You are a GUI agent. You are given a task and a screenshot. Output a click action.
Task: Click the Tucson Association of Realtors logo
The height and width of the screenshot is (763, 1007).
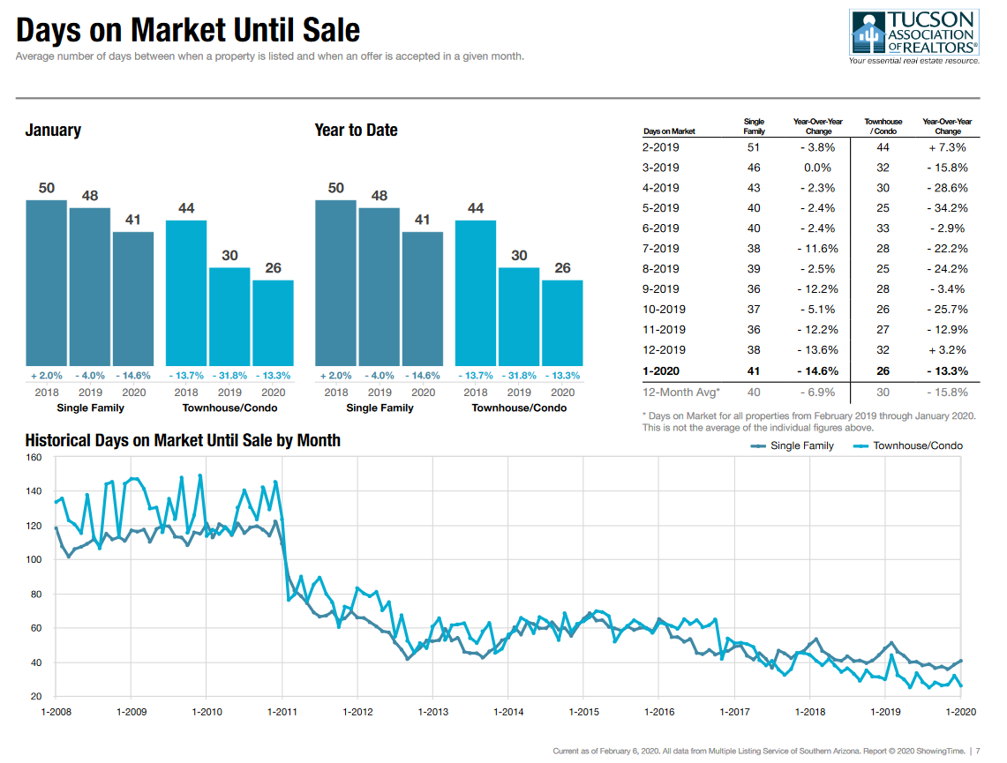(914, 37)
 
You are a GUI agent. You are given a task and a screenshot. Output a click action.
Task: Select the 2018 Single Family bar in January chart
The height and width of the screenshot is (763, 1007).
(46, 282)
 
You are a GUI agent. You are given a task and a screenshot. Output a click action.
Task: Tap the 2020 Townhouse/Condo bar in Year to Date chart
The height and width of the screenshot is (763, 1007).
(562, 323)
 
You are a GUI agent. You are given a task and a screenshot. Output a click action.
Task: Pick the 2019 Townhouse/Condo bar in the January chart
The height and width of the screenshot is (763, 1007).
(229, 317)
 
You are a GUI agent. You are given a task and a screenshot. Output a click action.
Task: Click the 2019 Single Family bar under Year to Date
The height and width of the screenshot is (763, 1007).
(380, 287)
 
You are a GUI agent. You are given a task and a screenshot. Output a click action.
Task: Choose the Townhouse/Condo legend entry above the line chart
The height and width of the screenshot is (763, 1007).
(908, 445)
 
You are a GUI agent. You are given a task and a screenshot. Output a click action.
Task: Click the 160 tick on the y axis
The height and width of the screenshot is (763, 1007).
(34, 457)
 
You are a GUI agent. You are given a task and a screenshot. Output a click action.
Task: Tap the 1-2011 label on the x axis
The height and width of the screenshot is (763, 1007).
(282, 711)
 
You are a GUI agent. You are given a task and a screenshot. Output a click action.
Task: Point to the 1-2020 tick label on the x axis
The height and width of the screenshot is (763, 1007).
(960, 711)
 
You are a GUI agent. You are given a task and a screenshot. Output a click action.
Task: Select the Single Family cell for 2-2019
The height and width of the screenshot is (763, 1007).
(754, 147)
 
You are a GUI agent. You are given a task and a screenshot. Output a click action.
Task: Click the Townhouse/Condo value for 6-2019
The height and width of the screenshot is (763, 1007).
(883, 228)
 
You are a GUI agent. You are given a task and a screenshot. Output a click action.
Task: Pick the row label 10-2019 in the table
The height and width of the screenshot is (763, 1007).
(664, 310)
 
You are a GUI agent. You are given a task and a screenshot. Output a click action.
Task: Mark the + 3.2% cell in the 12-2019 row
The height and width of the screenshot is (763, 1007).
(947, 350)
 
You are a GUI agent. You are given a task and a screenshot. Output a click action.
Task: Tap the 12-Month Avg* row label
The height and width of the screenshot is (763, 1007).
(681, 392)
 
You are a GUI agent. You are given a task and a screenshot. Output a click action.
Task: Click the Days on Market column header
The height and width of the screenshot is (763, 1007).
(669, 131)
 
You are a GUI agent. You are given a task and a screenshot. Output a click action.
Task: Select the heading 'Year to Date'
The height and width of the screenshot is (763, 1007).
(356, 131)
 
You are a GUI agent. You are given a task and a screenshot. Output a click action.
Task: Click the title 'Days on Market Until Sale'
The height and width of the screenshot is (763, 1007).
(188, 30)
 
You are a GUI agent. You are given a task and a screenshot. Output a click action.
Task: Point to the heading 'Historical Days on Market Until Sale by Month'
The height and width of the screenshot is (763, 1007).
(183, 439)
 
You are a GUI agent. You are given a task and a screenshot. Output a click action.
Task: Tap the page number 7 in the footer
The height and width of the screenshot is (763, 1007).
(978, 751)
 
